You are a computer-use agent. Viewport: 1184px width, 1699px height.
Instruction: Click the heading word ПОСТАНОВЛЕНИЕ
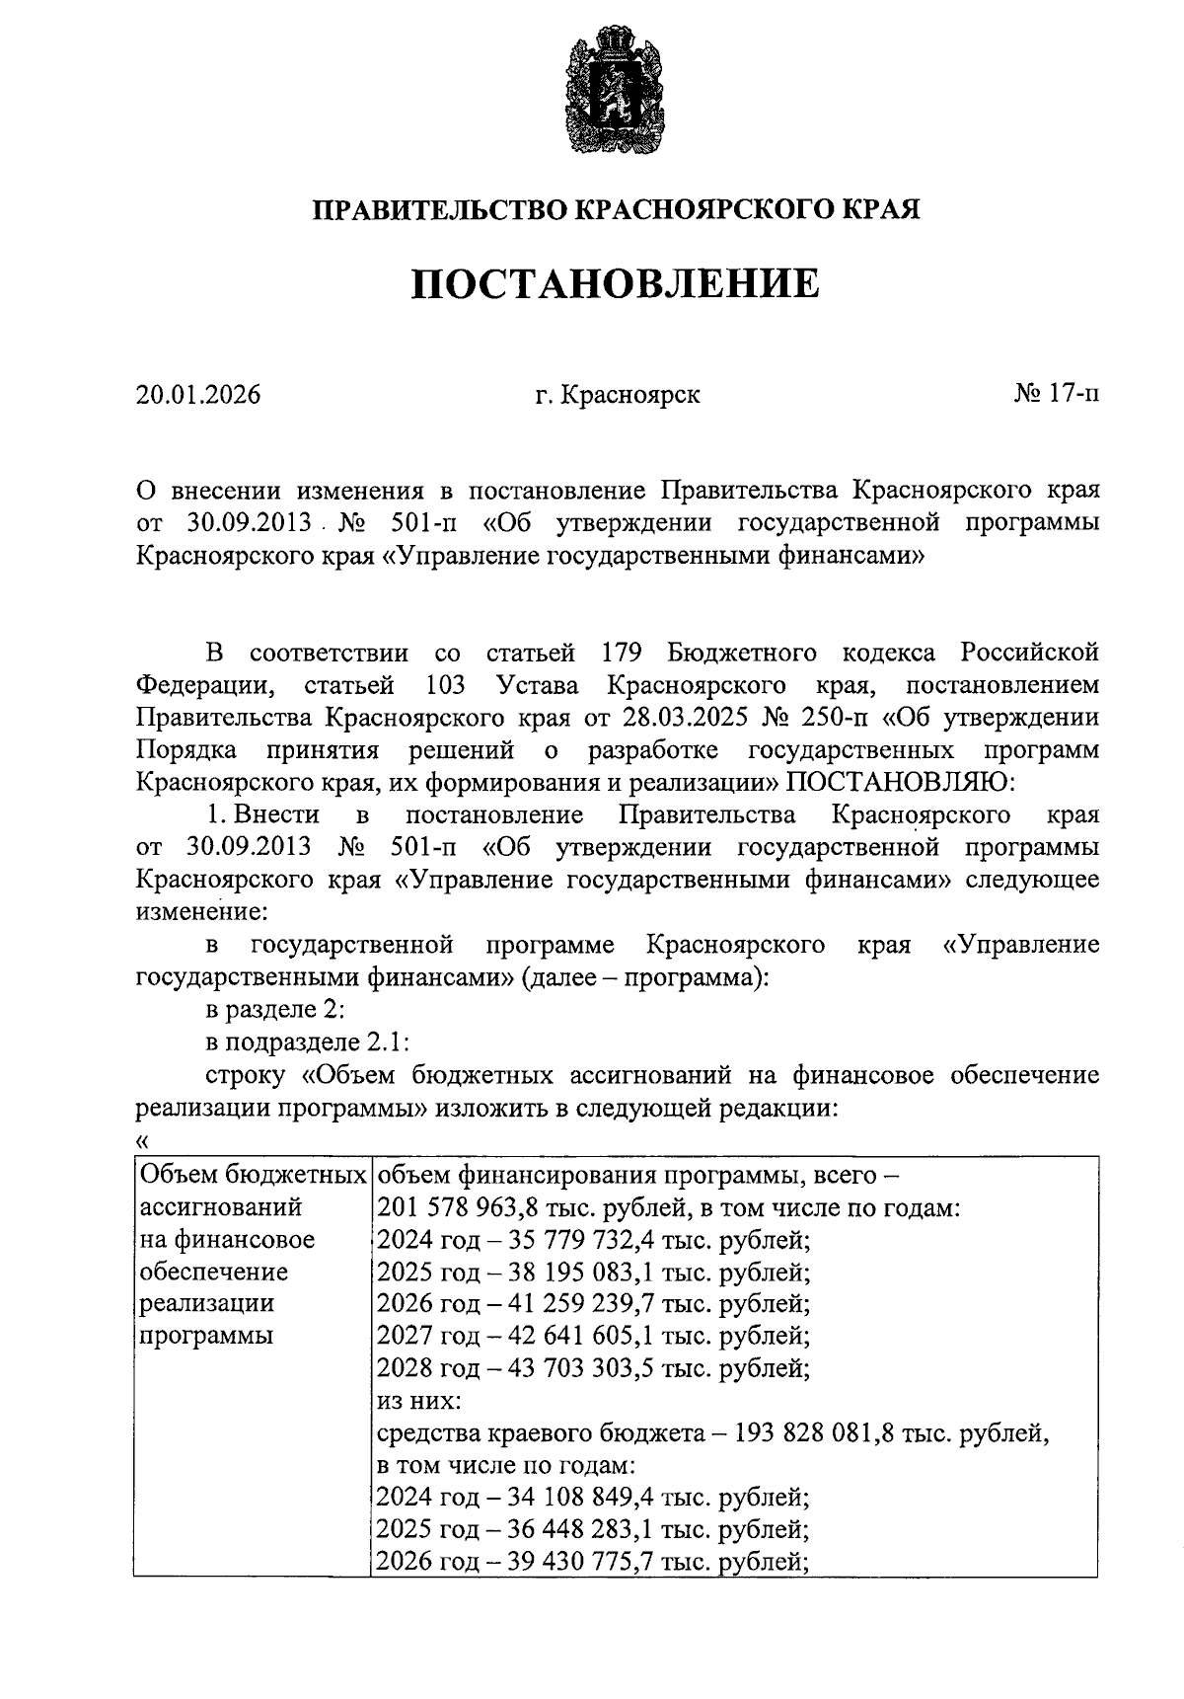click(x=615, y=284)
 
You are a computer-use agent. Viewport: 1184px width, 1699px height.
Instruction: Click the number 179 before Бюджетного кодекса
click(x=622, y=653)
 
